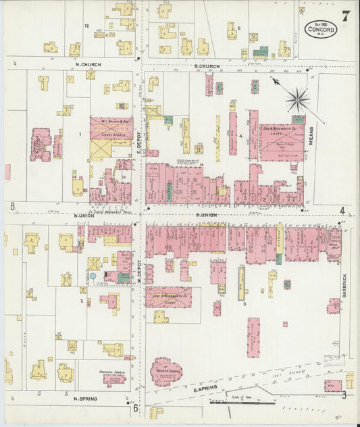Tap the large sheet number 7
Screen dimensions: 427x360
click(345, 17)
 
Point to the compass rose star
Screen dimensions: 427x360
click(297, 100)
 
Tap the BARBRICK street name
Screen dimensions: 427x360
click(344, 286)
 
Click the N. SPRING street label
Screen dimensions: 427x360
click(86, 399)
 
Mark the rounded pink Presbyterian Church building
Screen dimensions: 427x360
click(164, 372)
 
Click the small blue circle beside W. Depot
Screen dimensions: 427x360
click(93, 276)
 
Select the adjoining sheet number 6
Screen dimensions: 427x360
click(135, 407)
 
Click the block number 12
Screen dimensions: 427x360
click(86, 25)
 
